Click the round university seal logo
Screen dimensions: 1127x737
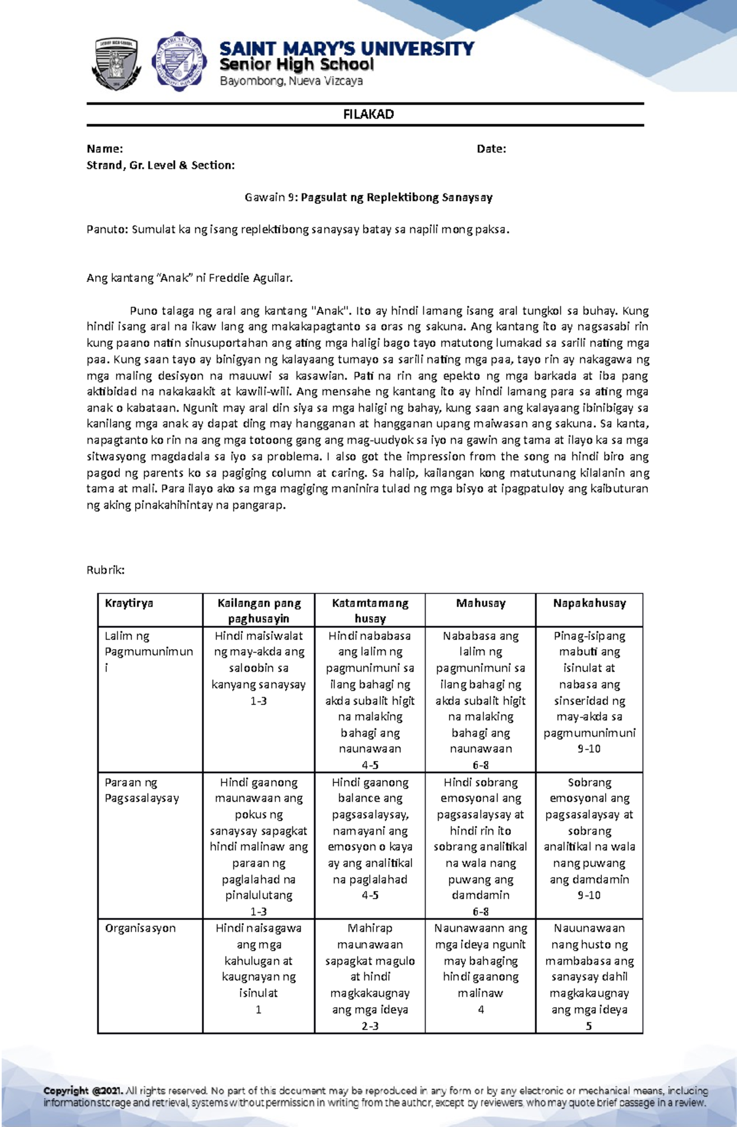click(x=179, y=61)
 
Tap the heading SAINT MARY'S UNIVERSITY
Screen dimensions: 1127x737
click(x=346, y=49)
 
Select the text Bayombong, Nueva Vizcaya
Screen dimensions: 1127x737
click(x=291, y=81)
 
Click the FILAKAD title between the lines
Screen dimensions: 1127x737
click(x=368, y=114)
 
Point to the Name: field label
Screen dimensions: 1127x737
click(x=104, y=149)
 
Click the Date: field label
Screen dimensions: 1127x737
click(x=491, y=149)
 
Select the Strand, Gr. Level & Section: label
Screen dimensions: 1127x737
click(x=160, y=165)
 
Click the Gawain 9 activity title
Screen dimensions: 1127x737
click(x=368, y=197)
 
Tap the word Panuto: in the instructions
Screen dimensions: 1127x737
click(x=107, y=230)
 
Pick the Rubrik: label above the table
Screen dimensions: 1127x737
click(x=106, y=570)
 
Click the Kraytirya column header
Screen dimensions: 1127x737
click(x=129, y=603)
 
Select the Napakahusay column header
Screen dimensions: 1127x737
click(x=589, y=603)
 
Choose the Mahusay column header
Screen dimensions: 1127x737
click(x=480, y=603)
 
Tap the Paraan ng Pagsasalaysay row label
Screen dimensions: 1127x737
click(x=141, y=790)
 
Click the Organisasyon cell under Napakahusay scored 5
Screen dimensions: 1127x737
click(x=589, y=977)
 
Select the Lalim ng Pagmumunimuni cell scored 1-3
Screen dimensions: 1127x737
click(x=259, y=668)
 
